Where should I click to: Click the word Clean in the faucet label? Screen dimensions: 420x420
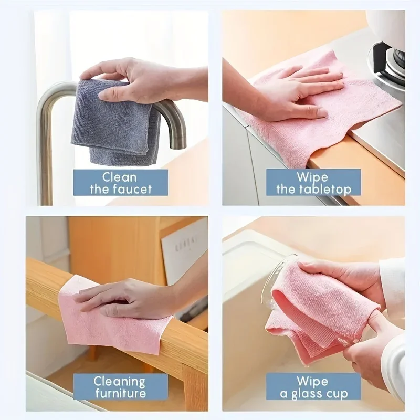(120, 176)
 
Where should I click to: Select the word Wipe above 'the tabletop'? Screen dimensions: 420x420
(313, 176)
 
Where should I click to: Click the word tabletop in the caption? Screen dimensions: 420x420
(325, 189)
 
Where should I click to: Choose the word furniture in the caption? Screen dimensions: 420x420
(120, 393)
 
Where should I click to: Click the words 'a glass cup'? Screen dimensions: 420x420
(313, 393)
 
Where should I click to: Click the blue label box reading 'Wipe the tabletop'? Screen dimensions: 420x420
(313, 182)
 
